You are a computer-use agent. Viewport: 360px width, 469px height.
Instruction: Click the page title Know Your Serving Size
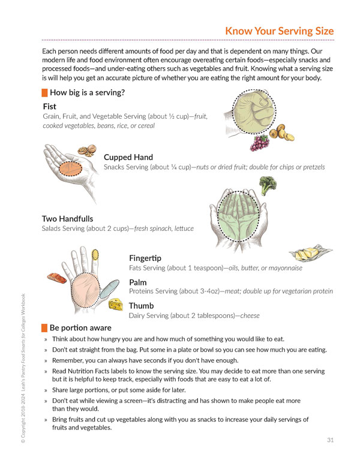pos(280,31)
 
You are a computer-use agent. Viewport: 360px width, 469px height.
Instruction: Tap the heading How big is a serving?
pos(87,92)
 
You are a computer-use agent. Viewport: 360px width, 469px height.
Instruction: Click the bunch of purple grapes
pos(259,143)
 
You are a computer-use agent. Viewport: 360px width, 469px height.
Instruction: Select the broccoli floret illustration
pos(268,185)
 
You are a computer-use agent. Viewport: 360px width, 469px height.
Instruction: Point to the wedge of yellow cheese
pos(116,305)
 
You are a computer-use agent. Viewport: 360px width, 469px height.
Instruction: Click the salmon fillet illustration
pos(57,278)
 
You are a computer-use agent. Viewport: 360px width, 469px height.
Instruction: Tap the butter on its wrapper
pos(310,253)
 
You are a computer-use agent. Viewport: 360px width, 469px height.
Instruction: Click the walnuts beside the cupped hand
pos(87,150)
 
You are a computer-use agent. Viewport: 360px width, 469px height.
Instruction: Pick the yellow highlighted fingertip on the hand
pos(95,255)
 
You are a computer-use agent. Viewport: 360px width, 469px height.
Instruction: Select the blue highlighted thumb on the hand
pos(109,289)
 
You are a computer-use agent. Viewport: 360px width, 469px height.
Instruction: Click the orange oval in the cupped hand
pos(70,169)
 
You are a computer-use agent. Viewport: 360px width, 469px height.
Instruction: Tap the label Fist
pos(49,107)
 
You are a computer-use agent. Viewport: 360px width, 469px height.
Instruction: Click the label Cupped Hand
pos(128,157)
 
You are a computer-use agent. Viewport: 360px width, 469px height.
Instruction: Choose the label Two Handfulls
pos(67,219)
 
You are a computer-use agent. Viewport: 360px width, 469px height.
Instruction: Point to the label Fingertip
pos(145,258)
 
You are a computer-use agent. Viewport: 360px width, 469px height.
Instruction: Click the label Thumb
pos(141,306)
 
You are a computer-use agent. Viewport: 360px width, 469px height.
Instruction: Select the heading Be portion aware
pos(80,328)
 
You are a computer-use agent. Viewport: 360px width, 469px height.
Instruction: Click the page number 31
pos(331,440)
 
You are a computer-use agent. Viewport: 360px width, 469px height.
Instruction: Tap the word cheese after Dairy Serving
pos(250,315)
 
